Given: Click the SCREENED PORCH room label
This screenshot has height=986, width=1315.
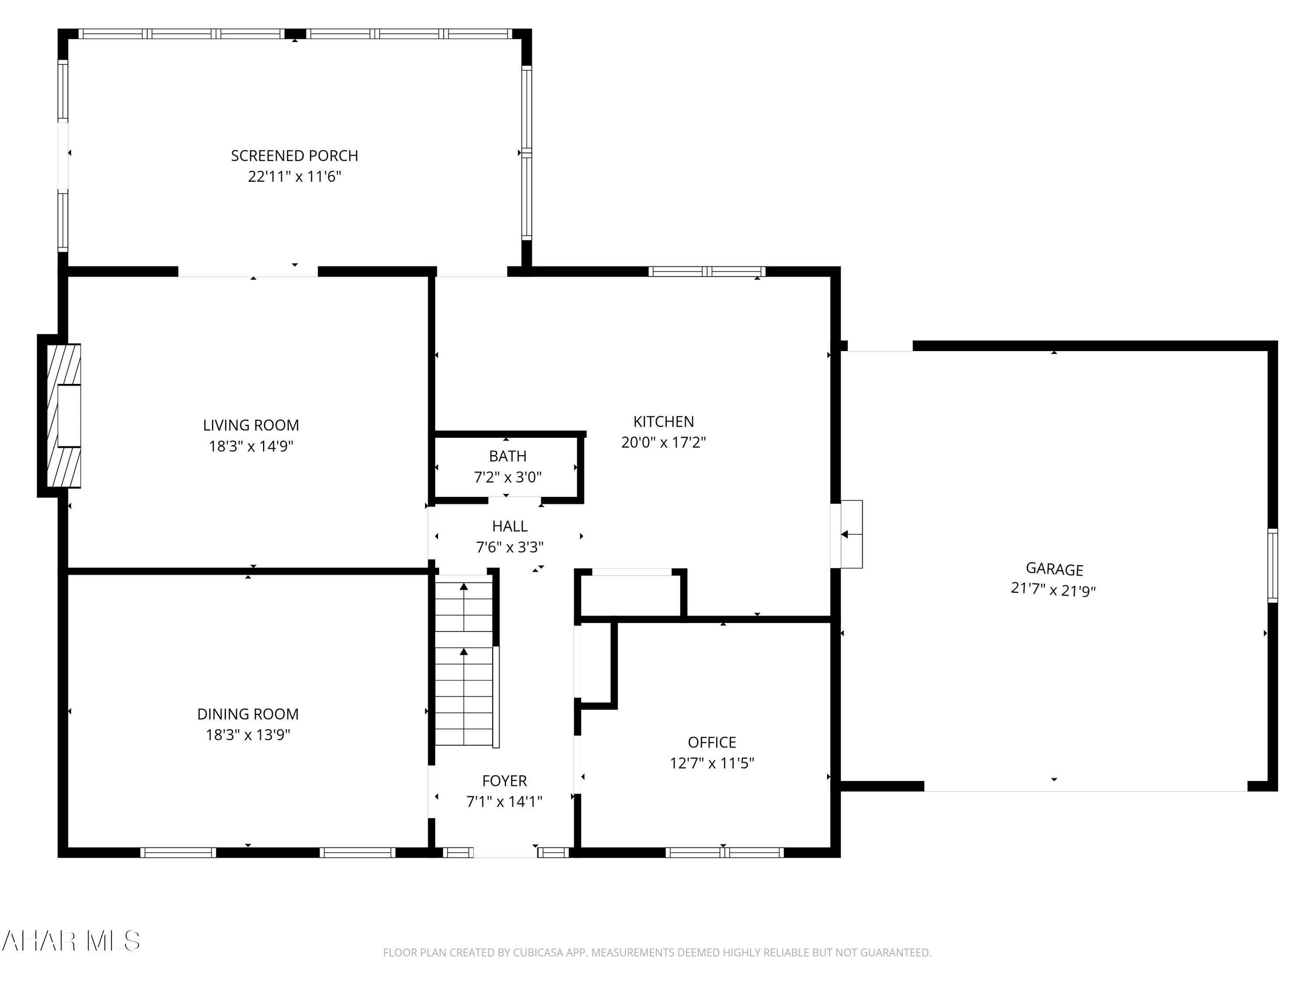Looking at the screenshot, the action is click(x=294, y=156).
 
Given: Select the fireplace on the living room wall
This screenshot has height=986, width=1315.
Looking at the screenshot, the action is click(x=64, y=415).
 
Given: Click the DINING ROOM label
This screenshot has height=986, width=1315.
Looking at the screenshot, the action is click(x=248, y=714).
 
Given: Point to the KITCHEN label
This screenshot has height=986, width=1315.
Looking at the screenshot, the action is click(x=664, y=422).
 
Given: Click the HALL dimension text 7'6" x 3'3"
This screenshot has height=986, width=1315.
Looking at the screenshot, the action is click(x=509, y=547).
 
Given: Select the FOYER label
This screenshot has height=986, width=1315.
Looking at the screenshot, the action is click(x=504, y=780).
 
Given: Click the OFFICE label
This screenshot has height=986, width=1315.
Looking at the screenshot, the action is click(x=711, y=742).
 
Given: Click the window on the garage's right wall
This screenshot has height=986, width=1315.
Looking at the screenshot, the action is click(x=1272, y=565).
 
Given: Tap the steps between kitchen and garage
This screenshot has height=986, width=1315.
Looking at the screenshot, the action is click(x=851, y=534).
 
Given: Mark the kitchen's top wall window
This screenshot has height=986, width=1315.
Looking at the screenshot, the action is click(x=707, y=272).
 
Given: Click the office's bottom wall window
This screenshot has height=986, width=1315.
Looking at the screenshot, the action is click(x=724, y=852).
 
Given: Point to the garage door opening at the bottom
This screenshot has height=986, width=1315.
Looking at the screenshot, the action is click(x=1085, y=786).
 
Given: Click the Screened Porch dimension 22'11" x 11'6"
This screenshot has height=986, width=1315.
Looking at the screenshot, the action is click(x=294, y=177).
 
